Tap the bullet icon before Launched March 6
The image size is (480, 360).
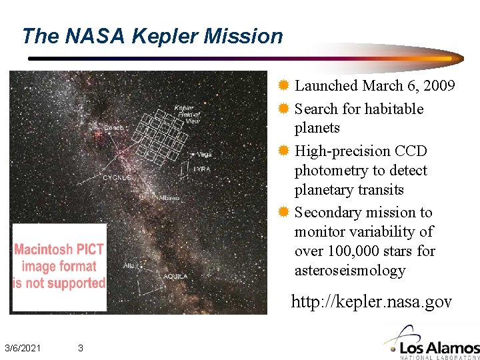pos(283,86)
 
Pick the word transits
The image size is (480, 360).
pos(379,190)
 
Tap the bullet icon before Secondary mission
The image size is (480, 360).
pos(283,213)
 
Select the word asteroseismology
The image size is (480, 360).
pos(350,271)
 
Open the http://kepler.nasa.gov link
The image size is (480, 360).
pos(371,302)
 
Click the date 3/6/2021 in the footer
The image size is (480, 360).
pos(23,348)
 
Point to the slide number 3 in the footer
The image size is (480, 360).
pos(80,348)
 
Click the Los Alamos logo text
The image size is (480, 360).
pos(440,347)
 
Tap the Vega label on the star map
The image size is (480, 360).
pos(204,155)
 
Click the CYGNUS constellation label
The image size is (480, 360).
pos(116,178)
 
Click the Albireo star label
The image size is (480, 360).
pos(168,198)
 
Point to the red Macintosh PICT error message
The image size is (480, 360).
pos(59,266)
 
